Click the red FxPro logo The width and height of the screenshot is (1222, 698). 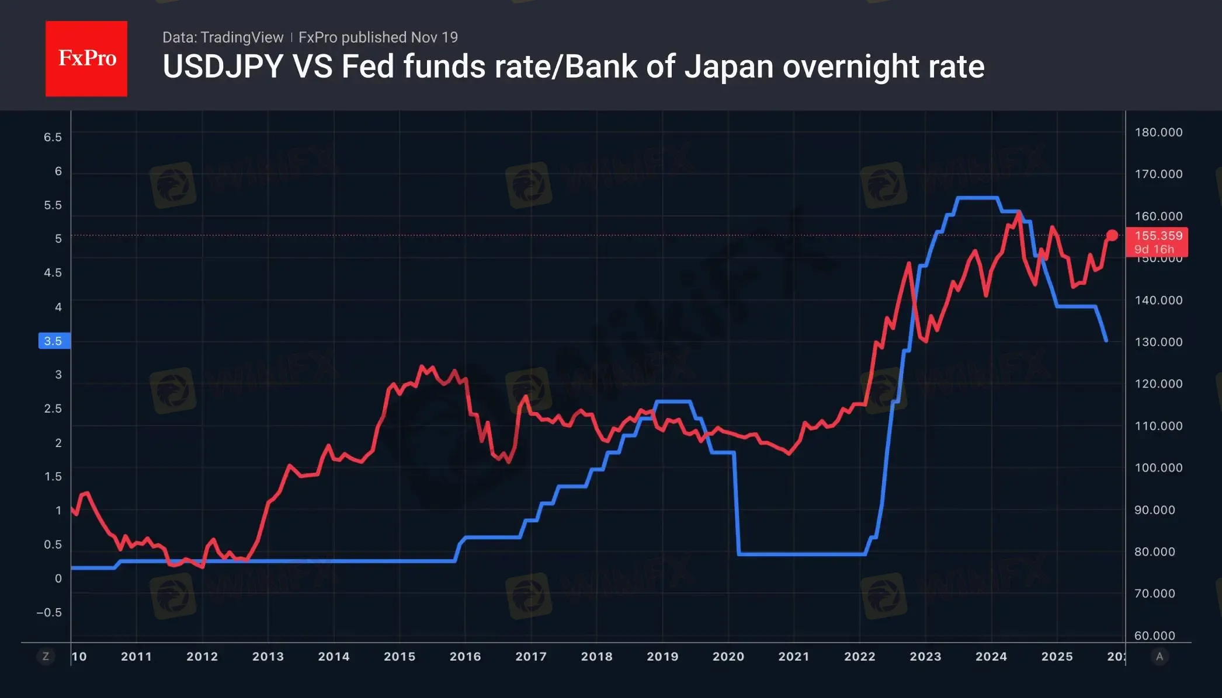(x=86, y=58)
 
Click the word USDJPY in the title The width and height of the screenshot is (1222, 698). (x=223, y=67)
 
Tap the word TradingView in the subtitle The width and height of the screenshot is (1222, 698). (x=241, y=37)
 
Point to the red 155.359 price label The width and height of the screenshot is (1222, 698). (x=1158, y=236)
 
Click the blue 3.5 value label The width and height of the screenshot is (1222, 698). (x=54, y=341)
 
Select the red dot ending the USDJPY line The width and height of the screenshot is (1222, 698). (x=1112, y=235)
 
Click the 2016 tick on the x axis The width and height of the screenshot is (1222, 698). (x=465, y=657)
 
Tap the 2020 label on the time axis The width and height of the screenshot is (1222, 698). (x=728, y=657)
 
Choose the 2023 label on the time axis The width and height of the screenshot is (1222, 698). (x=925, y=657)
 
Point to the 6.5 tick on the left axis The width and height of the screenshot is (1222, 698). (x=53, y=137)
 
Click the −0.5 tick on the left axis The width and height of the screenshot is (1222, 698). (x=49, y=612)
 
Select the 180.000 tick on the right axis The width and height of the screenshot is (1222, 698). (x=1158, y=132)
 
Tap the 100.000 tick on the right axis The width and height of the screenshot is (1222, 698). (x=1158, y=467)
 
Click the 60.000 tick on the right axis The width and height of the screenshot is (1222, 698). (x=1154, y=636)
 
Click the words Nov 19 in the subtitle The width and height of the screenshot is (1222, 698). (x=434, y=37)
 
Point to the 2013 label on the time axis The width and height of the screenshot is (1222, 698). (x=268, y=657)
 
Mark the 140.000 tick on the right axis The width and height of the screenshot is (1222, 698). (x=1158, y=300)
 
